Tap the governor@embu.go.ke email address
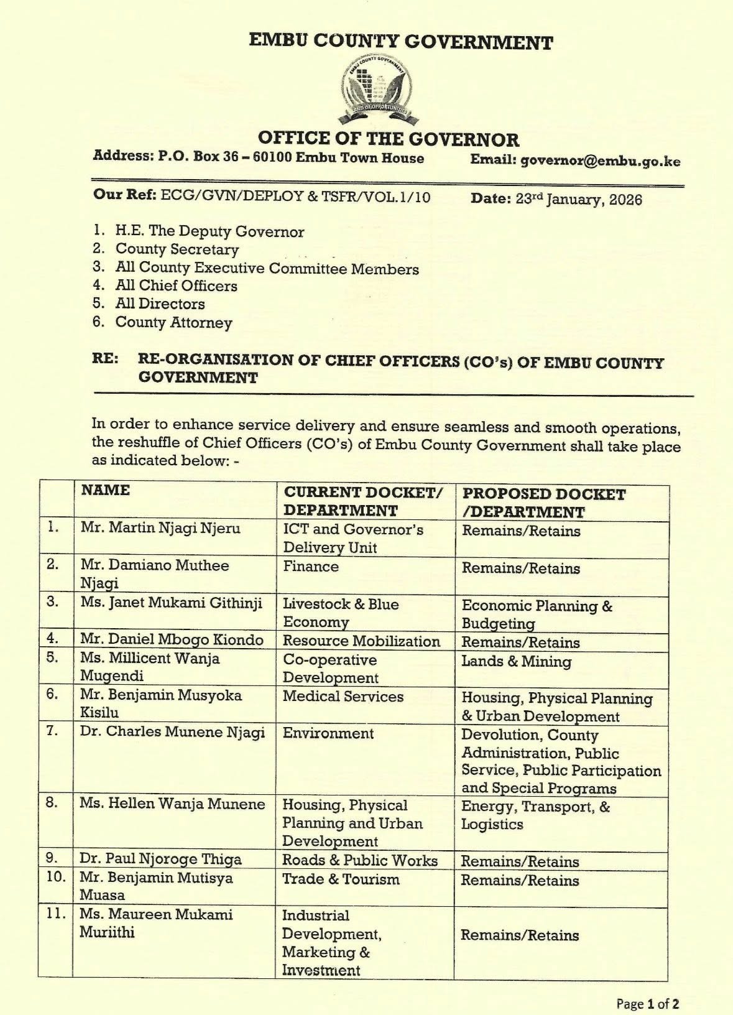(x=600, y=161)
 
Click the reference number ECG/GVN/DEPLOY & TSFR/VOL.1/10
(x=295, y=197)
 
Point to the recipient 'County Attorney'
(x=173, y=322)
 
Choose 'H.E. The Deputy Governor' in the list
(x=210, y=231)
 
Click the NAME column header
(x=106, y=490)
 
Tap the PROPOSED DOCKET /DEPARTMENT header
(x=543, y=503)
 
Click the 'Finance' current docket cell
(x=311, y=567)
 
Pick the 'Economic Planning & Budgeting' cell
(x=537, y=614)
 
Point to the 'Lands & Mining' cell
(x=516, y=661)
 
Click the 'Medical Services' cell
(x=343, y=697)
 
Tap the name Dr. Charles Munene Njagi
(x=172, y=732)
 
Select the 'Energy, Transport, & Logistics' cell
(x=535, y=815)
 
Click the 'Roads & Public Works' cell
(x=360, y=860)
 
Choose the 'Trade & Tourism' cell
(x=341, y=879)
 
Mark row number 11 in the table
(x=56, y=915)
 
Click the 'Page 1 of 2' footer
(x=647, y=1003)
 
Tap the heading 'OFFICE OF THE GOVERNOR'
(x=388, y=139)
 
